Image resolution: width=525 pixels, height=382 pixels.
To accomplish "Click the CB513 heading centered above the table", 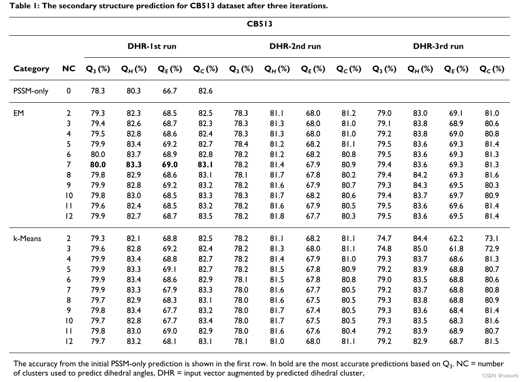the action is tap(260, 24).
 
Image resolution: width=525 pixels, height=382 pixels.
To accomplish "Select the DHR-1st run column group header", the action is tap(152, 46).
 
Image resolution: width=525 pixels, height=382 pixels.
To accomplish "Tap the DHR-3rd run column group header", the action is tap(438, 46).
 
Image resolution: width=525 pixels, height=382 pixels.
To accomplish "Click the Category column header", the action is tap(31, 69).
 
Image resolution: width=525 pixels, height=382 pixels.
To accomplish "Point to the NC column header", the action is tap(69, 69).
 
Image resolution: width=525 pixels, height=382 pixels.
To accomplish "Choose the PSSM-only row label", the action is tap(31, 91).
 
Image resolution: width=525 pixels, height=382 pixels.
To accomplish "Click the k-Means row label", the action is tap(27, 238).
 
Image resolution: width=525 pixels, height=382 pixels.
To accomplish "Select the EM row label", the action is tap(18, 113).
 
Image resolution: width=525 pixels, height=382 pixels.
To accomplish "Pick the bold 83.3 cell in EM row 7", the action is tap(133, 164).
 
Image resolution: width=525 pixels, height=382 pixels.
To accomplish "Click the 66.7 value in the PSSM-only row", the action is tap(169, 91).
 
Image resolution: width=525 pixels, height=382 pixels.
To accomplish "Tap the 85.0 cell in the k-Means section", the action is tap(420, 249).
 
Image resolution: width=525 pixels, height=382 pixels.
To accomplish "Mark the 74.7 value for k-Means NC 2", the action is tap(384, 238).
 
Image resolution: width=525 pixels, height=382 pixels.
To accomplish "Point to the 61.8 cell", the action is tap(456, 249).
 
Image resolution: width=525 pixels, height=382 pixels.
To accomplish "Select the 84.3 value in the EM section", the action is tap(420, 185).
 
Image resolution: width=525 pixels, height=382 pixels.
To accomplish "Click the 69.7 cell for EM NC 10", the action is tap(456, 195).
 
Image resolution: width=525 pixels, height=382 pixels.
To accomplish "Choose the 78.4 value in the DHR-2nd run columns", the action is tap(241, 144).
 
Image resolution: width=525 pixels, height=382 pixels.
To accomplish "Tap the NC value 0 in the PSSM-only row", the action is tap(69, 91).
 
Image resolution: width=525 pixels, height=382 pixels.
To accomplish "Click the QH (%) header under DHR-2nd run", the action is tap(277, 69).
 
